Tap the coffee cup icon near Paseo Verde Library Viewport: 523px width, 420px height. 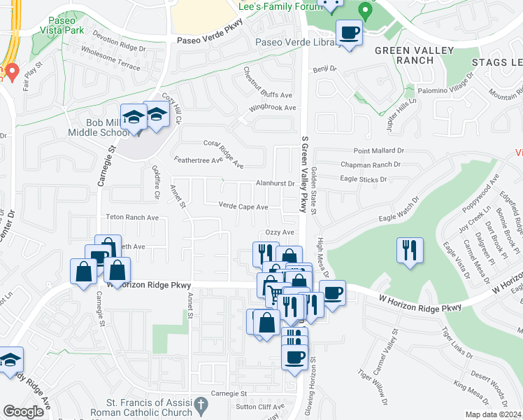349,33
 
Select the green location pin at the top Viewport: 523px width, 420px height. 364,10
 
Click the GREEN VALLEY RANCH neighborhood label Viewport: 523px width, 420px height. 414,55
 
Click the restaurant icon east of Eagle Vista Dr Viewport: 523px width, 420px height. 409,251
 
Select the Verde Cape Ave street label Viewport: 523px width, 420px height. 243,206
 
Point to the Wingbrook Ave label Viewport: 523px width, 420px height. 273,108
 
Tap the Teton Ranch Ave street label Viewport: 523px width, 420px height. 132,218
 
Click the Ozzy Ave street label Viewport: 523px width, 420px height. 279,232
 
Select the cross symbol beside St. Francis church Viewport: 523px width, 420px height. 201,405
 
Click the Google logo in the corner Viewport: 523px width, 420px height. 24,411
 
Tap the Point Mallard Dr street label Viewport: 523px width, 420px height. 378,150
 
